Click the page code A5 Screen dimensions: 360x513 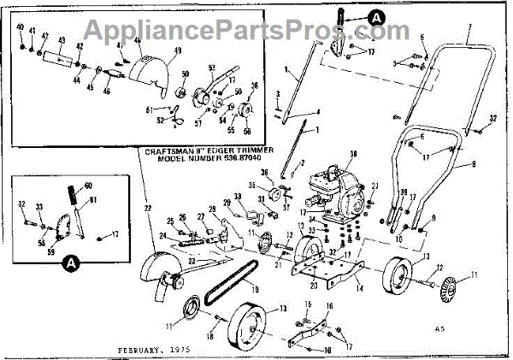click(x=439, y=328)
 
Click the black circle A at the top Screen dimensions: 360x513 click(x=378, y=15)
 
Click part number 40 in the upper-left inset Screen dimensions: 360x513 click(x=21, y=28)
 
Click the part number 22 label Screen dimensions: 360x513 click(x=147, y=208)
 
